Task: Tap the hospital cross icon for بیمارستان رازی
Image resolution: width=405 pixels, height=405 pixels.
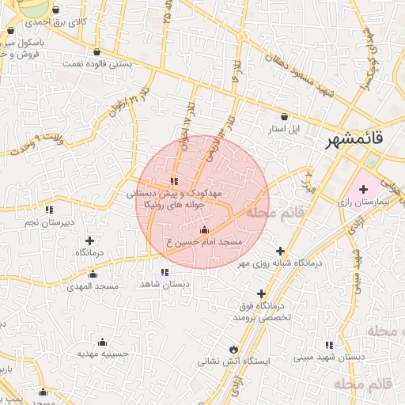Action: coord(363,189)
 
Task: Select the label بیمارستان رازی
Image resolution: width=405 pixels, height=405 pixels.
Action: coord(370,203)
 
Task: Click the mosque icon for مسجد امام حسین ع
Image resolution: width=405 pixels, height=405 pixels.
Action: coord(205,229)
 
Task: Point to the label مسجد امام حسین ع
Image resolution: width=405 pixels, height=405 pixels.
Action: coord(205,241)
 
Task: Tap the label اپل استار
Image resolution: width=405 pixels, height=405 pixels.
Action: coord(280,127)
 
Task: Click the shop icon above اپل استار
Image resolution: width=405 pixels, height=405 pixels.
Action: coord(280,115)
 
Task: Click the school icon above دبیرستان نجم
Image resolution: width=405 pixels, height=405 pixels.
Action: coord(49,210)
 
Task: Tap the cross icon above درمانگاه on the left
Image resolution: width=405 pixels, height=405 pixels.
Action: coord(89,240)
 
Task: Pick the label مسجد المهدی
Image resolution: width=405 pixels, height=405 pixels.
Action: coord(93,286)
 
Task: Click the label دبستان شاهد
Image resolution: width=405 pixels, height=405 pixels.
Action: coord(164,283)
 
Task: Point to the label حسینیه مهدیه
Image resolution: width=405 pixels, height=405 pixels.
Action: coord(102,354)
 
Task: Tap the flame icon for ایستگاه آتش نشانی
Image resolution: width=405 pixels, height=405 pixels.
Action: coord(233,349)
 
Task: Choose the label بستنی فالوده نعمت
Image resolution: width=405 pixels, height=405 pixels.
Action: coord(97,62)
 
